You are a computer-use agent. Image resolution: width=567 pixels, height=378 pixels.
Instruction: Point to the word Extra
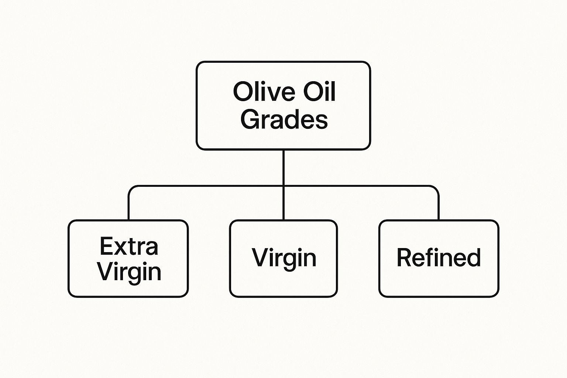pos(129,246)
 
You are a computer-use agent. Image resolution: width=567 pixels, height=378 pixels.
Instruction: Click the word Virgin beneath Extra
pos(129,272)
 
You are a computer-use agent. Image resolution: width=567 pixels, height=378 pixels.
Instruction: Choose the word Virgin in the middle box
pos(284,258)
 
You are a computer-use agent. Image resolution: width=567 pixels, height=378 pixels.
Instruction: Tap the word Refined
pos(439,257)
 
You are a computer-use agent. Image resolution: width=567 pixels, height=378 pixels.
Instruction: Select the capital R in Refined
pos(404,257)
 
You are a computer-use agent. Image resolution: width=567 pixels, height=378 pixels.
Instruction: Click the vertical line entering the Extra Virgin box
pos(129,207)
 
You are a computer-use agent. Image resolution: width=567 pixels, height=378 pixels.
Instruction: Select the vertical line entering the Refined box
pos(439,207)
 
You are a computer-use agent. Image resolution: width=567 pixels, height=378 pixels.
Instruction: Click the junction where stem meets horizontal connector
pos(283,186)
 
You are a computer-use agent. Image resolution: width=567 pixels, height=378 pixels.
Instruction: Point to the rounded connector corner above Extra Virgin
pos(131,189)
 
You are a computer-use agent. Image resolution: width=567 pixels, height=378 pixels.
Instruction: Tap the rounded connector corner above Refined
pos(436,189)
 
